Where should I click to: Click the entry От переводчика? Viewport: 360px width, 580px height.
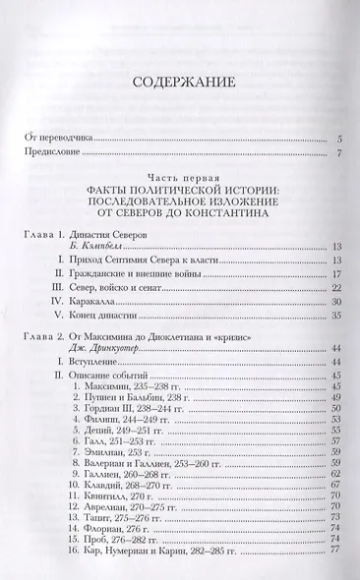(55, 139)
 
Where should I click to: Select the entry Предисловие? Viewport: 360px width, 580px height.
(52, 154)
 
